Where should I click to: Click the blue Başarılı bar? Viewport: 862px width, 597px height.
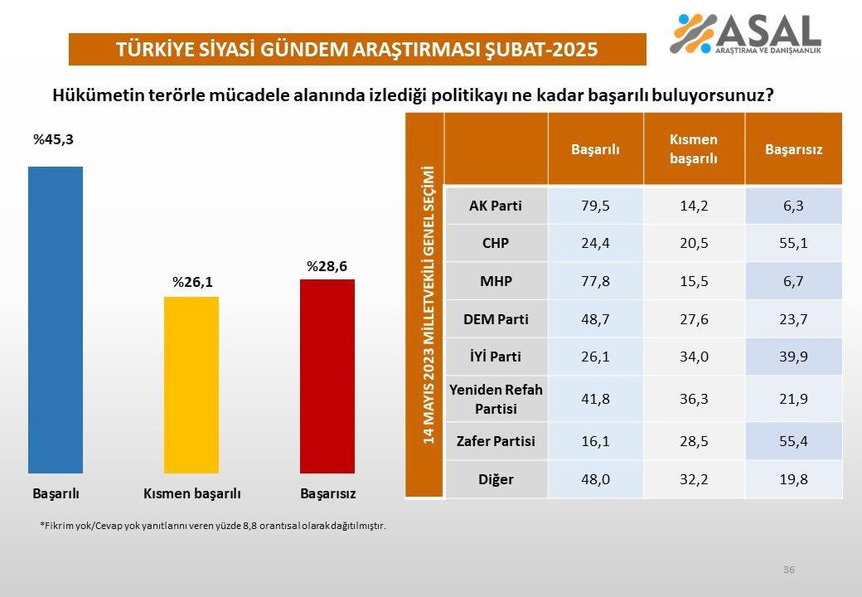tap(56, 319)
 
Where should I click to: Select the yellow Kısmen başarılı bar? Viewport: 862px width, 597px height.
tap(191, 385)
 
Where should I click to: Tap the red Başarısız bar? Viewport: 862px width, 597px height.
tap(327, 376)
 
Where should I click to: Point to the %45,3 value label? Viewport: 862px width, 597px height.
tap(53, 139)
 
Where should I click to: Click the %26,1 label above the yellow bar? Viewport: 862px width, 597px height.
tap(192, 283)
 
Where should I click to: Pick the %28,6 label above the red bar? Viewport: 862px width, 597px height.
tap(327, 266)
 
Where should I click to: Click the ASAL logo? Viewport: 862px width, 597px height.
tap(745, 34)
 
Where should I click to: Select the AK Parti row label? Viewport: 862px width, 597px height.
tap(496, 206)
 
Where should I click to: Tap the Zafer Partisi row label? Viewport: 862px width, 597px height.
tap(496, 441)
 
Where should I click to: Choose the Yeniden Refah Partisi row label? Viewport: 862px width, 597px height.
tap(496, 399)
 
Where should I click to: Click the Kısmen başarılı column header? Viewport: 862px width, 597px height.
tap(694, 149)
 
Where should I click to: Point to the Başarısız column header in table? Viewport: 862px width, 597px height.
tap(793, 149)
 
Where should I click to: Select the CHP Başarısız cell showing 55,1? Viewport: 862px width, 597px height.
tap(793, 244)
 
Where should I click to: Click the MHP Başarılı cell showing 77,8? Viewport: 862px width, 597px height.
tap(595, 281)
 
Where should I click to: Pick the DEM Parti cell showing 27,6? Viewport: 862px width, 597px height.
tap(694, 319)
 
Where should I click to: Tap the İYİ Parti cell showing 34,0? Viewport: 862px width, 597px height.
tap(694, 357)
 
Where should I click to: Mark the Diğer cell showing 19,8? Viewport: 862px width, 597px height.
tap(793, 479)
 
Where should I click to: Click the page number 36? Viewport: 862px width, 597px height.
tap(788, 569)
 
